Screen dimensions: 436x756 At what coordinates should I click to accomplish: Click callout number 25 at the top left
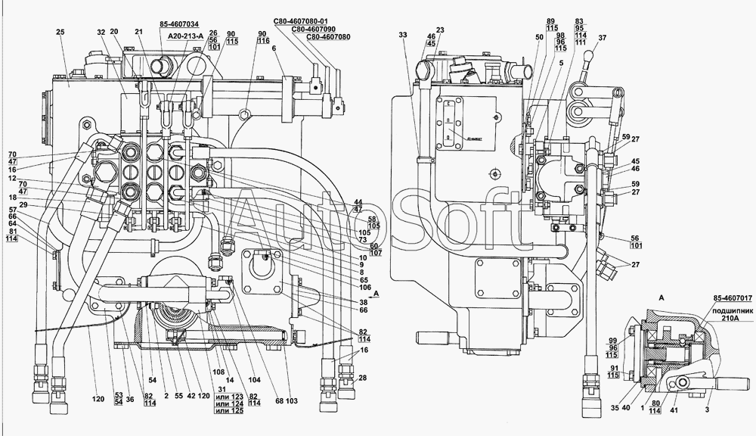[x=61, y=32]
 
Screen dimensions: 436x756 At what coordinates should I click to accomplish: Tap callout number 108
[x=219, y=373]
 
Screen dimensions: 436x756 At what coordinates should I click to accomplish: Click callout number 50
[x=540, y=36]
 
